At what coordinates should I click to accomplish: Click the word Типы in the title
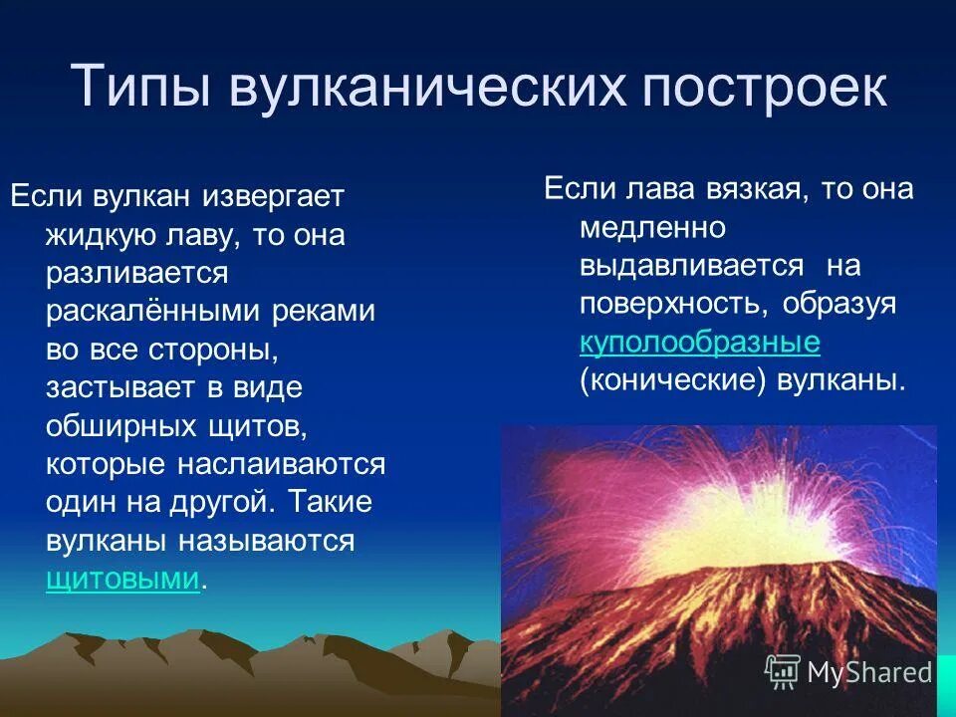tap(139, 87)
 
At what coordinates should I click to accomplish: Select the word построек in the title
tap(765, 87)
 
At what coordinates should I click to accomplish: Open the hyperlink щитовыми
tap(122, 580)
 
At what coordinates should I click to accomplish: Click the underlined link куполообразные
tap(699, 343)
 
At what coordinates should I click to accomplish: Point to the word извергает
tap(274, 196)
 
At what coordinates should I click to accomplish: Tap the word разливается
tap(137, 273)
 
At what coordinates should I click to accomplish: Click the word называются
tap(266, 541)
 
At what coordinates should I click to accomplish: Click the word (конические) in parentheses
tap(666, 381)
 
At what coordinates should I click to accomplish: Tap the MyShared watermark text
tap(868, 672)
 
